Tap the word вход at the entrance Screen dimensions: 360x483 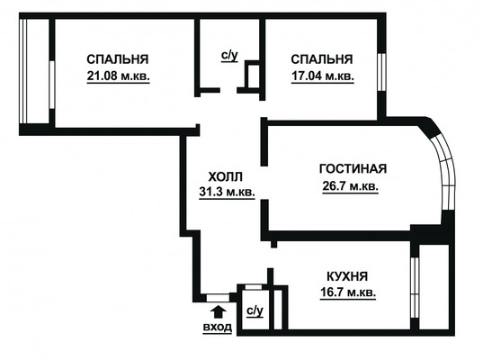pos(217,328)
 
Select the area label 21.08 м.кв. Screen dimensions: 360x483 pos(118,76)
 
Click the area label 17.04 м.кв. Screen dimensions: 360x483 pos(322,76)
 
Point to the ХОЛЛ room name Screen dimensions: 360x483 pos(226,175)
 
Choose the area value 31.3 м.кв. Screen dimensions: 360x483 pos(227,191)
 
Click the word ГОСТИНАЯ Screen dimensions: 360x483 pos(353,169)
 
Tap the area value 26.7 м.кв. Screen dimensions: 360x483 pos(349,186)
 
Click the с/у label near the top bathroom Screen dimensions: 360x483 pos(228,56)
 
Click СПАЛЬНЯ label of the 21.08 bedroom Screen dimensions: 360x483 pos(118,59)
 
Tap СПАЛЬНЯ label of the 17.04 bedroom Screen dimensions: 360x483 pos(322,59)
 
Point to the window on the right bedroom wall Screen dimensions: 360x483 pos(382,72)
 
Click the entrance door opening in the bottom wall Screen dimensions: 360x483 pos(217,296)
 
